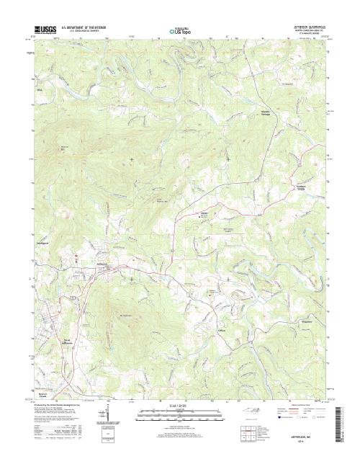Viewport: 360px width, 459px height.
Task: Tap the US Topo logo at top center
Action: (179, 31)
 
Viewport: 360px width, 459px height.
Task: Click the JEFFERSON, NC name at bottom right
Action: (307, 436)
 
